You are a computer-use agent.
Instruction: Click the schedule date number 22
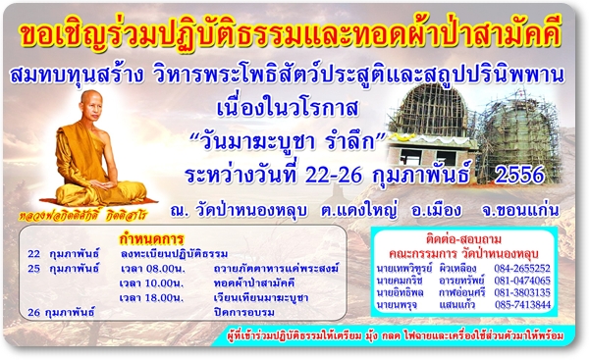click(33, 252)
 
